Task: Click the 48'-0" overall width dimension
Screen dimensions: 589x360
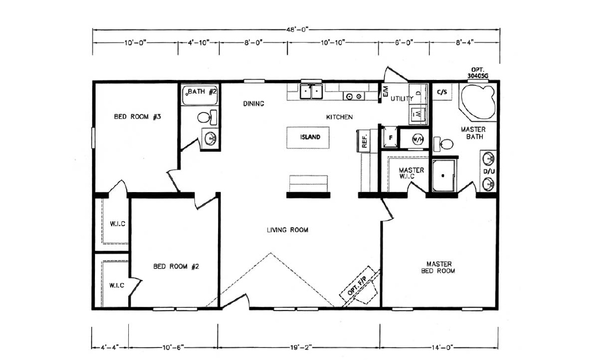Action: tap(297, 29)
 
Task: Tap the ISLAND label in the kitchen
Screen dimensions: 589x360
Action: tap(310, 137)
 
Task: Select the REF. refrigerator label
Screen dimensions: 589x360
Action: tap(364, 141)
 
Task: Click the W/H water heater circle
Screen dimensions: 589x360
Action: tap(418, 140)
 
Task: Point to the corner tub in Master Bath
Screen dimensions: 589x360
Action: tap(478, 102)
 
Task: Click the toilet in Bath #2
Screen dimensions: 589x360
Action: tap(207, 117)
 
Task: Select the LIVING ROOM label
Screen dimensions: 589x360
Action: tap(288, 229)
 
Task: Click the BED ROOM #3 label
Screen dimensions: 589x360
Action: tap(137, 117)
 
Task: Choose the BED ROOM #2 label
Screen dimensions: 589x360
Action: tap(176, 266)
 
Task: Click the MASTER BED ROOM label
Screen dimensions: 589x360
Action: tap(438, 267)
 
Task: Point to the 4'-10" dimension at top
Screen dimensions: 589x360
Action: tap(198, 43)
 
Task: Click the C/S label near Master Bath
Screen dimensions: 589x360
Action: tap(442, 92)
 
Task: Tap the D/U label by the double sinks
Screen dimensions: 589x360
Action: tap(489, 171)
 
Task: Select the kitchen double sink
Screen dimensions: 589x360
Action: tap(311, 91)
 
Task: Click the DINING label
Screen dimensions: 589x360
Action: tap(254, 104)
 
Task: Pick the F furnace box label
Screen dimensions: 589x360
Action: tap(391, 138)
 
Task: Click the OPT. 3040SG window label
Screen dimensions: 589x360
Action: tap(478, 73)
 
